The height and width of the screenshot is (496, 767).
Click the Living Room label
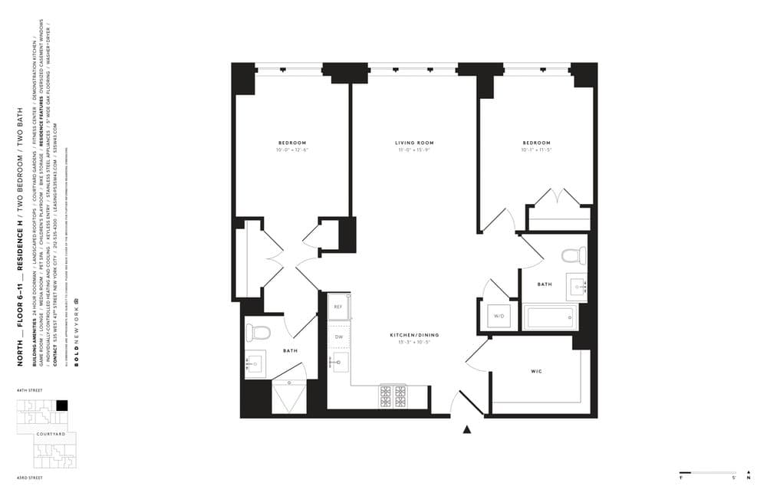[414, 143]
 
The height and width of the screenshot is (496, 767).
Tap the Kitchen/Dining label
[414, 336]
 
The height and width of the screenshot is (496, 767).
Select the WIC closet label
[537, 373]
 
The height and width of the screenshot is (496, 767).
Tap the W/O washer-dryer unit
[499, 316]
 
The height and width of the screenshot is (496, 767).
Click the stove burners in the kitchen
[393, 396]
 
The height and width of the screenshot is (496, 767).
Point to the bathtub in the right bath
[549, 317]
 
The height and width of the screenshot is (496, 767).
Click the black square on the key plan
[62, 406]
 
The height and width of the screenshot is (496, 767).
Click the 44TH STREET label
[29, 390]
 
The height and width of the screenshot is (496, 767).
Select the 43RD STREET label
[29, 478]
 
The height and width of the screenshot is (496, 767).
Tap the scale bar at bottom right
[707, 472]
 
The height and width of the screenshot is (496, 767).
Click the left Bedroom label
[292, 143]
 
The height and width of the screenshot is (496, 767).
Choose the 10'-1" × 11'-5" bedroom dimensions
[537, 150]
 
